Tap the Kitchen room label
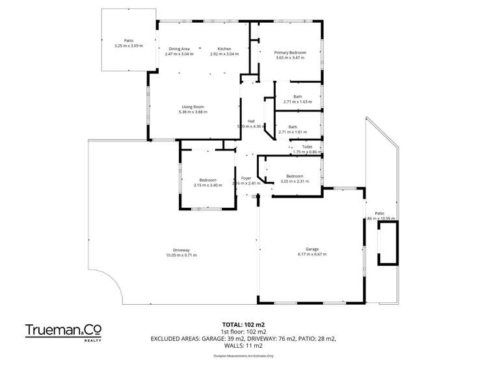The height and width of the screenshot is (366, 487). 224,49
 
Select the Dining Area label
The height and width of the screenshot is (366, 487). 179,49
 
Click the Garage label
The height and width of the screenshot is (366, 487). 312,249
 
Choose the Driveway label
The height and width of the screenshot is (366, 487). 181,250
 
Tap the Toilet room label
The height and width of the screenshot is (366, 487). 307,147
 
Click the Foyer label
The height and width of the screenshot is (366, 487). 246,178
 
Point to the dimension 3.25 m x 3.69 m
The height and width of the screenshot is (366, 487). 128,46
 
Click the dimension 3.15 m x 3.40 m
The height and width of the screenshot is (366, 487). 207,185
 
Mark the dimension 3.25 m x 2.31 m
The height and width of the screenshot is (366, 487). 295,181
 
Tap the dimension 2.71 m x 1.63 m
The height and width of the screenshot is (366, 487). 297,102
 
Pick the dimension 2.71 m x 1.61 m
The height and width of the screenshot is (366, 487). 293,132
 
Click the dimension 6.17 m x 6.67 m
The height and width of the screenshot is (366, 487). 312,255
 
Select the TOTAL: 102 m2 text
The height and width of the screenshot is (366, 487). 243,324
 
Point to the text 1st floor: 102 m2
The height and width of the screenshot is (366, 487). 243,331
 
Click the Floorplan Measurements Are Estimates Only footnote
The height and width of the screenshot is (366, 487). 243,356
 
